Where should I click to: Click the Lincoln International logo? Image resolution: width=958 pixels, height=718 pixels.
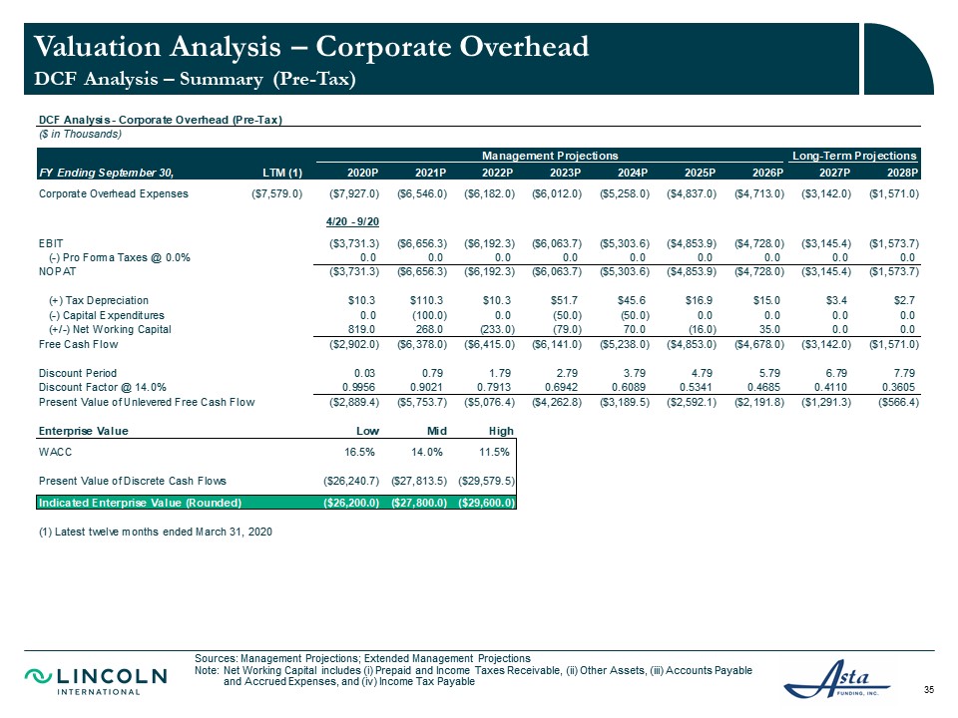[96, 681]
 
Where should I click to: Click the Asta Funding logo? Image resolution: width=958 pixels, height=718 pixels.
[836, 679]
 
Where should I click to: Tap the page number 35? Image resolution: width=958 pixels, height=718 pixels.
[929, 690]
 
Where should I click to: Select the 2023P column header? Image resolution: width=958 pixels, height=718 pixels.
[565, 173]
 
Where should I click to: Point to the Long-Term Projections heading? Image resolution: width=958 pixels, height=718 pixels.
[854, 156]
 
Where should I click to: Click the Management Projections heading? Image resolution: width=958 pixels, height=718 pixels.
[550, 156]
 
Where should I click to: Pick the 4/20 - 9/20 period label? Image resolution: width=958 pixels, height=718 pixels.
[352, 221]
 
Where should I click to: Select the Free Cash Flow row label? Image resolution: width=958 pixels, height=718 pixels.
[78, 344]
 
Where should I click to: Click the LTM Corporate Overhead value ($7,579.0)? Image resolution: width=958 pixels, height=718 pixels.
[277, 194]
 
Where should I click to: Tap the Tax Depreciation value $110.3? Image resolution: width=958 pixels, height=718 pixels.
[426, 300]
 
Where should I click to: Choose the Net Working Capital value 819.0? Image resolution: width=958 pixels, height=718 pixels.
[361, 330]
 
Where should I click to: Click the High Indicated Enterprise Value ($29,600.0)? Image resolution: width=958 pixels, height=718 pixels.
[487, 503]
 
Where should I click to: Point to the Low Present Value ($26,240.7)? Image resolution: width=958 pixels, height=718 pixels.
[351, 481]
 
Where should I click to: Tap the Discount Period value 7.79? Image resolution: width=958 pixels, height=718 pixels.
[904, 373]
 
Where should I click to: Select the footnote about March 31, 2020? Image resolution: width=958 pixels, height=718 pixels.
[156, 532]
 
